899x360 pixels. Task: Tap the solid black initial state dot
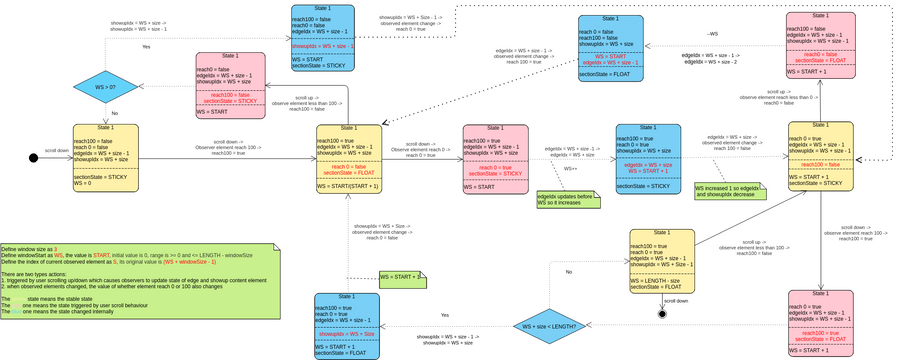click(34, 157)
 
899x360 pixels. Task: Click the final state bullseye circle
click(662, 314)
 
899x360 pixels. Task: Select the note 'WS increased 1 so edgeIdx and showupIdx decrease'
click(730, 190)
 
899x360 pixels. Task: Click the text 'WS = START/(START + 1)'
click(349, 186)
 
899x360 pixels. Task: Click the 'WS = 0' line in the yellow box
click(89, 183)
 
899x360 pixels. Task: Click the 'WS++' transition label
click(571, 169)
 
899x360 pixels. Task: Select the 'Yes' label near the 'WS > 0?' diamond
click(146, 46)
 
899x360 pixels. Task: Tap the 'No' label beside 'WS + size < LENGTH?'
click(569, 272)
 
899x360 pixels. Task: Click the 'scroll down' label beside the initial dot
click(57, 150)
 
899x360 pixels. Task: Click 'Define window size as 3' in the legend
click(30, 248)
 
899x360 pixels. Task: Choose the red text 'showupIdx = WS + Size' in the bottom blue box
click(348, 333)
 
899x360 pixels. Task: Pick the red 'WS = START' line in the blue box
click(610, 56)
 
